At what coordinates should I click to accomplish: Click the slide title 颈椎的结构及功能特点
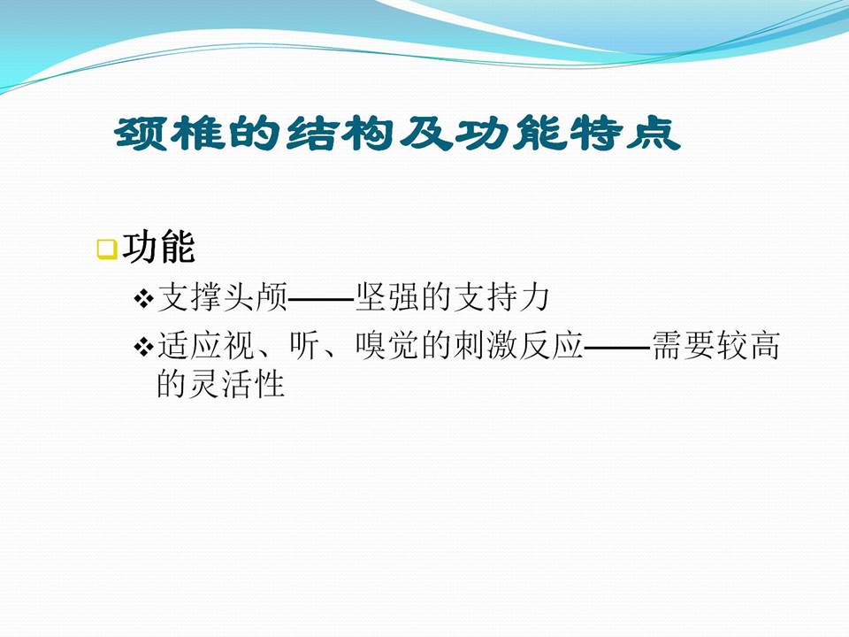397,134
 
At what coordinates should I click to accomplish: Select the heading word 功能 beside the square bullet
158,249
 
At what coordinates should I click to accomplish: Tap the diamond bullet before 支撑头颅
143,300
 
